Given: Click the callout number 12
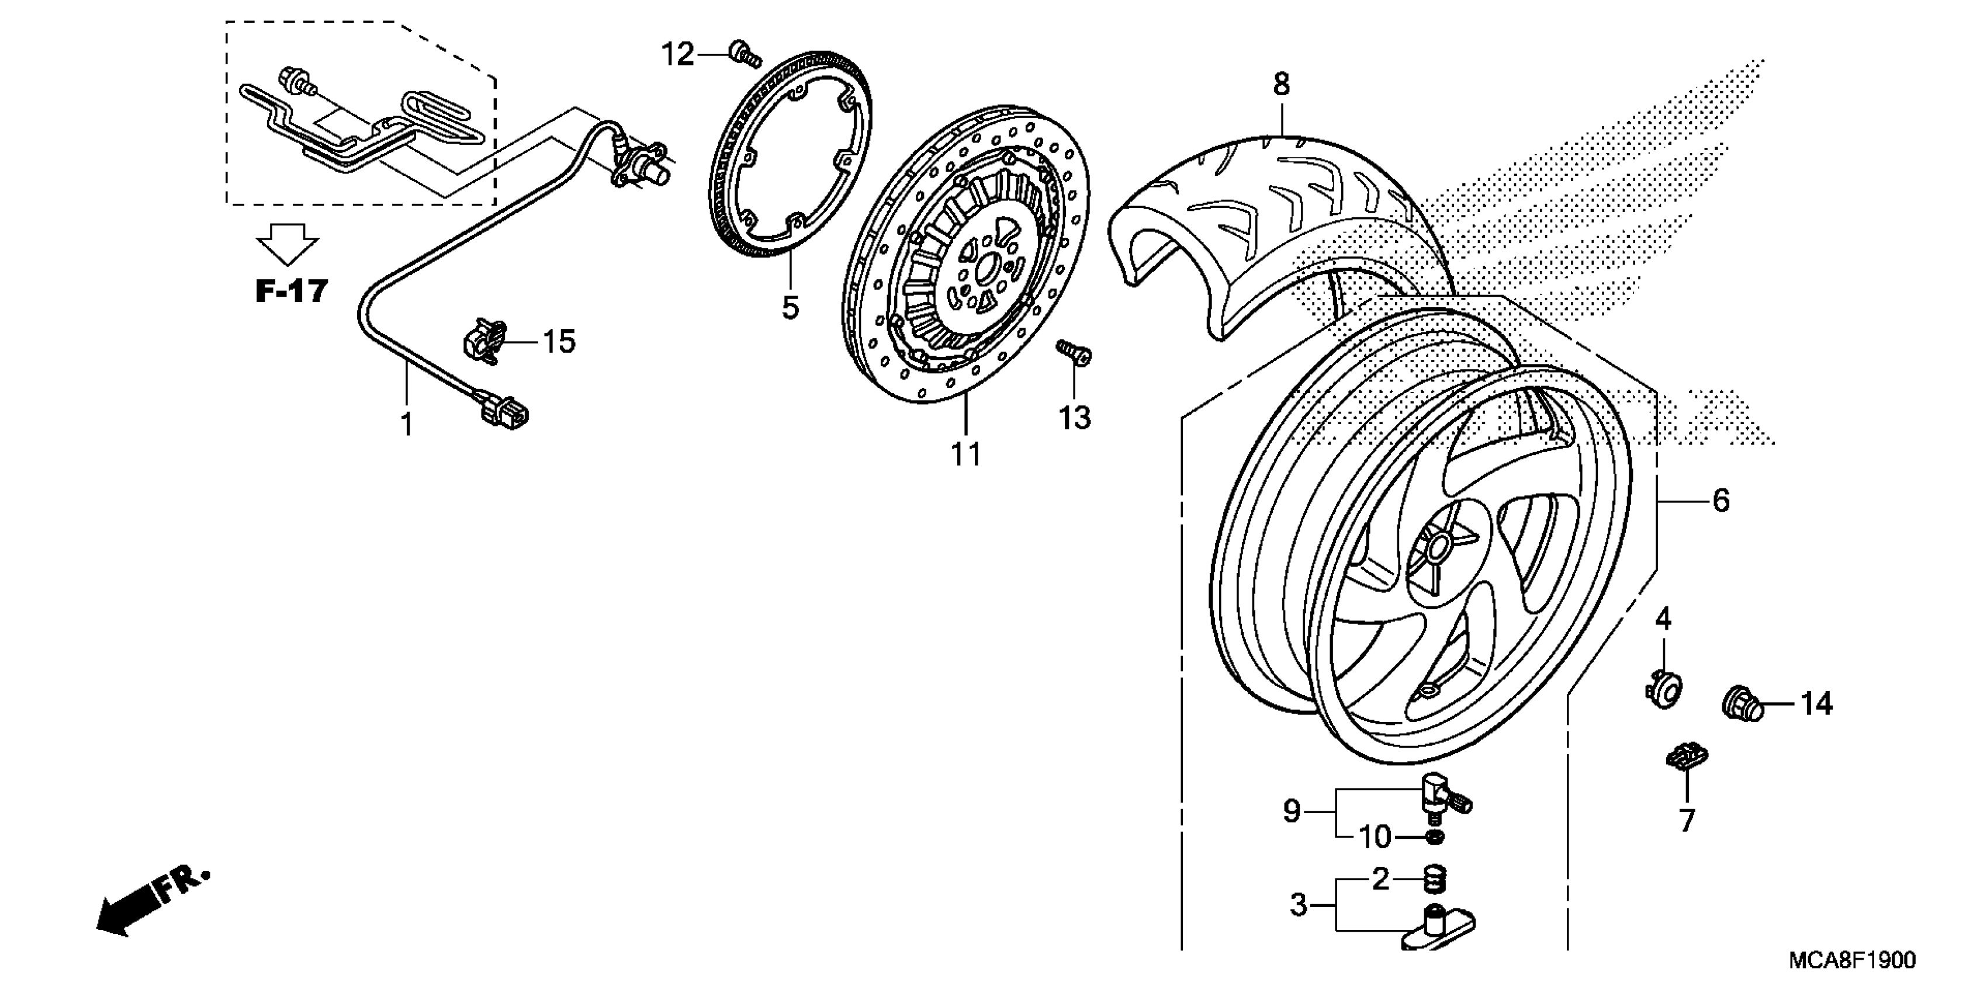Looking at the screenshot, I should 678,55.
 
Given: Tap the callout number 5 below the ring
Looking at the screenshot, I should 790,308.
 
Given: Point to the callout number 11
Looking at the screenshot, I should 965,455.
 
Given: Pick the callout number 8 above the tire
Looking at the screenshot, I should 1281,85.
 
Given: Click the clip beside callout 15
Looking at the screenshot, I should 484,341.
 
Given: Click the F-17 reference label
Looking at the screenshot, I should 292,291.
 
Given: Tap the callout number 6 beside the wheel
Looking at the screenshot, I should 1721,501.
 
